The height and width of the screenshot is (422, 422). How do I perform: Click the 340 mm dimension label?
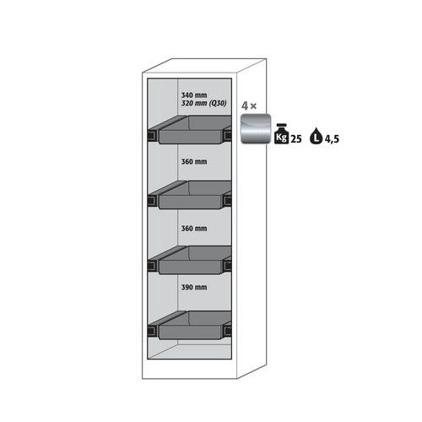(194, 95)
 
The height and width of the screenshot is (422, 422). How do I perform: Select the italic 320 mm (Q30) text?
(203, 104)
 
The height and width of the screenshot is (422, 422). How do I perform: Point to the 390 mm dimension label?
(194, 287)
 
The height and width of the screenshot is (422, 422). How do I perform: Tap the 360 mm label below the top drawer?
(194, 162)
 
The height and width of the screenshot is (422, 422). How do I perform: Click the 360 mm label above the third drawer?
(194, 229)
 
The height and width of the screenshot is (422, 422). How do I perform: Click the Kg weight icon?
(281, 134)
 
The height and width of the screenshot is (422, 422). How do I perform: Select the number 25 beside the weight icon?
(295, 139)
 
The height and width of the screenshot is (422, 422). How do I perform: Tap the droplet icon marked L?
(316, 136)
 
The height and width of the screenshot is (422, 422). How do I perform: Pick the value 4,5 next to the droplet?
(332, 139)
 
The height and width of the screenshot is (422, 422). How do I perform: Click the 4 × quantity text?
(249, 106)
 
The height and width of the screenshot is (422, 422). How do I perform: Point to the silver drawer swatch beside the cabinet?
(256, 129)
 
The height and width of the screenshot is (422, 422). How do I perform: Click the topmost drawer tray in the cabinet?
(194, 130)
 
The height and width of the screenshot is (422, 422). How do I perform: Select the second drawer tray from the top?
(194, 195)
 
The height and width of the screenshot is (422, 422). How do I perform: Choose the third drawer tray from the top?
(194, 260)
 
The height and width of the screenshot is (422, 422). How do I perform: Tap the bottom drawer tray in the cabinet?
(194, 326)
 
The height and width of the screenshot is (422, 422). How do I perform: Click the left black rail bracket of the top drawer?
(153, 136)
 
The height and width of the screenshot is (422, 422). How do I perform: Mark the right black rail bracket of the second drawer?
(227, 201)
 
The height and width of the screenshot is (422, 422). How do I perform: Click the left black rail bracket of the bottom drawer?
(153, 331)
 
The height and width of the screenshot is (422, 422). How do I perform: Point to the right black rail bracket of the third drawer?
(227, 266)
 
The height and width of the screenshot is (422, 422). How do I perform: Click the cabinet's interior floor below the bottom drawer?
(190, 352)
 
